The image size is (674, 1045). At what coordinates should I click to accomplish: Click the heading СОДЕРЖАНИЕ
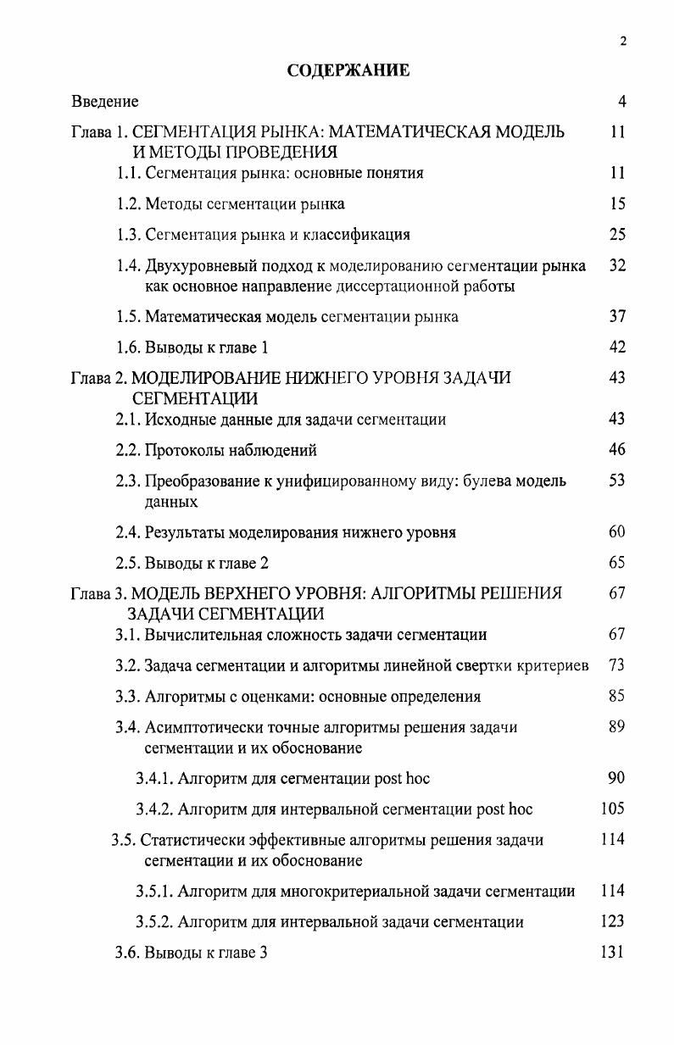click(x=348, y=70)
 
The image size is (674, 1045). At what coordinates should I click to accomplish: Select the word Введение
click(x=104, y=102)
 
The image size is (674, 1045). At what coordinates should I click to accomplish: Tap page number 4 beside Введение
click(x=621, y=102)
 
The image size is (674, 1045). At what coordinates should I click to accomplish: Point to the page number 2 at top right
click(x=623, y=42)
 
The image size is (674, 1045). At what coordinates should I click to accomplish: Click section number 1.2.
click(x=128, y=203)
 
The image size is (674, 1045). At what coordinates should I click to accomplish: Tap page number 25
click(x=617, y=234)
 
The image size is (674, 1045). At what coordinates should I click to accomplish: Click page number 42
click(x=617, y=347)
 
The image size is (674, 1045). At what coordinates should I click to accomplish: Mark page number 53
click(x=617, y=481)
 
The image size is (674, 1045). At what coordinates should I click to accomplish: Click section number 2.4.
click(x=128, y=532)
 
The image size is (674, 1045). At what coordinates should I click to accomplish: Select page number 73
click(x=617, y=665)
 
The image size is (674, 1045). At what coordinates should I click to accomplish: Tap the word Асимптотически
click(x=204, y=727)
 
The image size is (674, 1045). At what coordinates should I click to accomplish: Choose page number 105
click(x=612, y=809)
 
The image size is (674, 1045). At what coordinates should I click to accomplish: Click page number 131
click(x=612, y=952)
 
